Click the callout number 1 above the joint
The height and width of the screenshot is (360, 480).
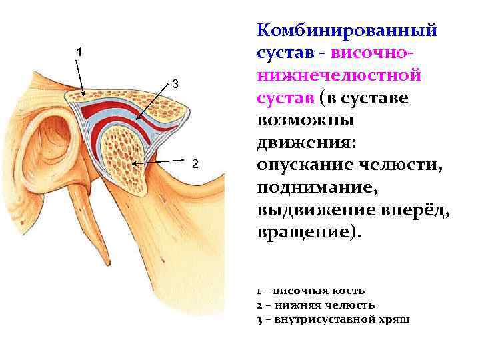pyautogui.click(x=79, y=51)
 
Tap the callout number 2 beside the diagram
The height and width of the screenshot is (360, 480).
pyautogui.click(x=195, y=164)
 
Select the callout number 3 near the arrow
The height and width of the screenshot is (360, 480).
pyautogui.click(x=175, y=84)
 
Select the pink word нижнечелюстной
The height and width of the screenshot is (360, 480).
pyautogui.click(x=339, y=75)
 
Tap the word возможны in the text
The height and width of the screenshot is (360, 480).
pyautogui.click(x=305, y=121)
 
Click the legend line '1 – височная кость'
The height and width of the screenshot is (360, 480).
pyautogui.click(x=311, y=291)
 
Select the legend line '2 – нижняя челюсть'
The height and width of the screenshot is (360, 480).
pyautogui.click(x=311, y=305)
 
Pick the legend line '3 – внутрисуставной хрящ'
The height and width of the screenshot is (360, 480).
pyautogui.click(x=333, y=319)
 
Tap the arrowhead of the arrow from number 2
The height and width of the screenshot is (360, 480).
pyautogui.click(x=135, y=162)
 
